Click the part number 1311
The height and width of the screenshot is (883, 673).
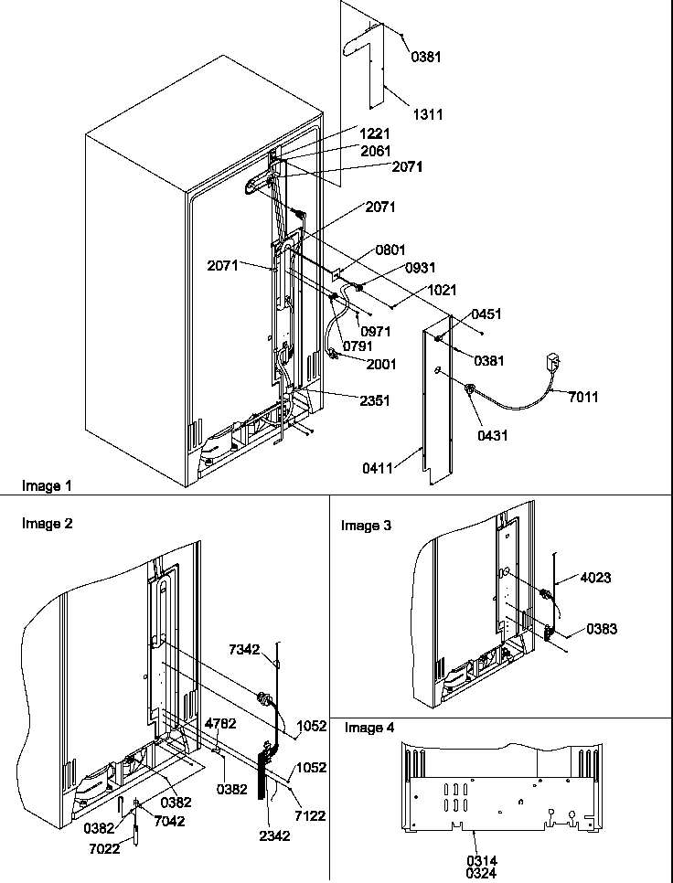(428, 115)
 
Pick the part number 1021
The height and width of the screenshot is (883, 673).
(441, 290)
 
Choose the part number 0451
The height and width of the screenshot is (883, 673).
(486, 314)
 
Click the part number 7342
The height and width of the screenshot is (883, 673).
(245, 649)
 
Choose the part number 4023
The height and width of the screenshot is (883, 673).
(595, 578)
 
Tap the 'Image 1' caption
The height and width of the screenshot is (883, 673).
(46, 486)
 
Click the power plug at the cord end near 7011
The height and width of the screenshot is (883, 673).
(554, 360)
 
